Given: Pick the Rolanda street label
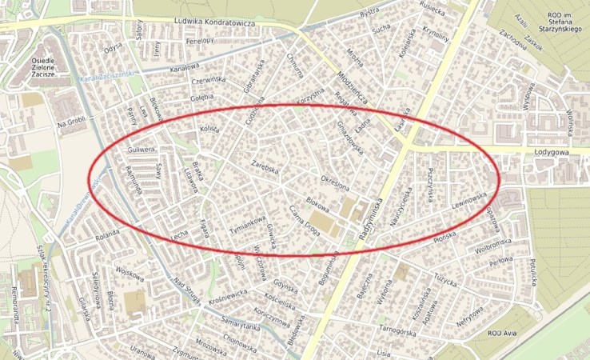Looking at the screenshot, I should point(106,237).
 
